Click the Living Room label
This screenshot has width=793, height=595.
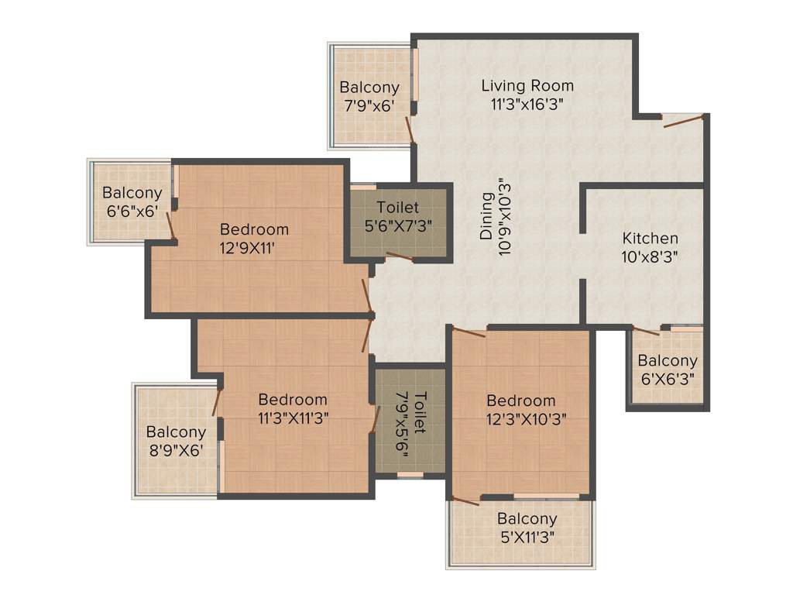[527, 85]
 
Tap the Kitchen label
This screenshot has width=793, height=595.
[651, 239]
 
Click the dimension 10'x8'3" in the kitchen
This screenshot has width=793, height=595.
[651, 257]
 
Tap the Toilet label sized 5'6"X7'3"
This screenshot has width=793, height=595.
[398, 208]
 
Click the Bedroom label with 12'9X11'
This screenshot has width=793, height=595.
[254, 229]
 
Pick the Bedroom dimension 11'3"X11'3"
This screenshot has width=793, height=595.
[293, 418]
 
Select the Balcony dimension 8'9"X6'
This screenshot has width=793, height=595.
[176, 451]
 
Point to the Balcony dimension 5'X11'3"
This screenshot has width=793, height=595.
[527, 536]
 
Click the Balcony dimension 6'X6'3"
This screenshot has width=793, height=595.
[668, 380]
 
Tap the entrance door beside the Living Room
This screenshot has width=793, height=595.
[683, 119]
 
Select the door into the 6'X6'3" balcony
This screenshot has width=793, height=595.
[646, 331]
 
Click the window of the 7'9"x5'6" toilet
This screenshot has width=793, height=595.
[410, 475]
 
